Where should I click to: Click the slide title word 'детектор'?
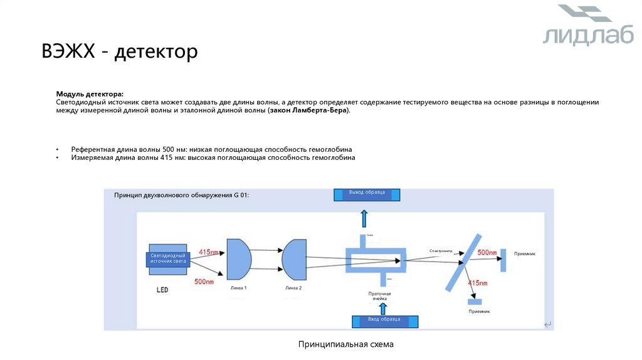pos(156,51)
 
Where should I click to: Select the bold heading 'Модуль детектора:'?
pos(90,93)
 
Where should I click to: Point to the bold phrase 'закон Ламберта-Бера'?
pos(308,110)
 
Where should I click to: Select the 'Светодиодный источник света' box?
pos(167,259)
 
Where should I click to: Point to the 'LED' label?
pos(162,290)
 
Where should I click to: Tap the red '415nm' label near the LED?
pos(209,252)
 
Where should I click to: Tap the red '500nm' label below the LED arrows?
pos(204,282)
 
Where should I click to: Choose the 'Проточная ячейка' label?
pos(379,296)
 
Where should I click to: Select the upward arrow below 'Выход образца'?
pos(364,219)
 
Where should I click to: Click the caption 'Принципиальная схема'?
pos(346,345)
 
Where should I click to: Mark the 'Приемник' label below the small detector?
pos(479,311)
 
